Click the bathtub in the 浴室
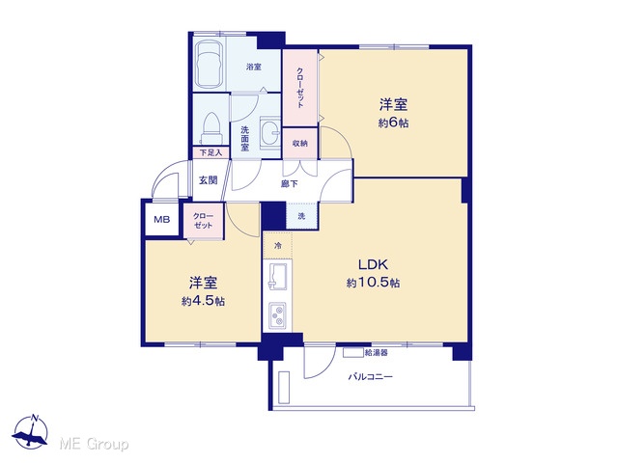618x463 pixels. coord(210,65)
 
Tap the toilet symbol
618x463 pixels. coord(211,128)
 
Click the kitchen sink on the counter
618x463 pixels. coord(278,276)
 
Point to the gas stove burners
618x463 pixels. coord(278,315)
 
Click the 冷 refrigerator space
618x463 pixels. coord(278,246)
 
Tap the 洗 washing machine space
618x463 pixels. coord(301,216)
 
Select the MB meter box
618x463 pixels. coord(161,219)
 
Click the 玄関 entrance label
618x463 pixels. coord(208,180)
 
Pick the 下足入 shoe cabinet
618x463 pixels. coord(211,152)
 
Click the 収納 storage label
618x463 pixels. coord(300,144)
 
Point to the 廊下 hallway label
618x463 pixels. coord(290,184)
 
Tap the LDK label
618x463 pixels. coord(374,264)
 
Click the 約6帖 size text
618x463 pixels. coord(393,123)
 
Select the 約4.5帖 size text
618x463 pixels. coord(204,301)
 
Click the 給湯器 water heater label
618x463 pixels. coord(377,353)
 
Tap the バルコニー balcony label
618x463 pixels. coord(370,377)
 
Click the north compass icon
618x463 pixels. coord(30,432)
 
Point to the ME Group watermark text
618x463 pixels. coord(94,444)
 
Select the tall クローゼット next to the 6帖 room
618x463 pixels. coord(300,88)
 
